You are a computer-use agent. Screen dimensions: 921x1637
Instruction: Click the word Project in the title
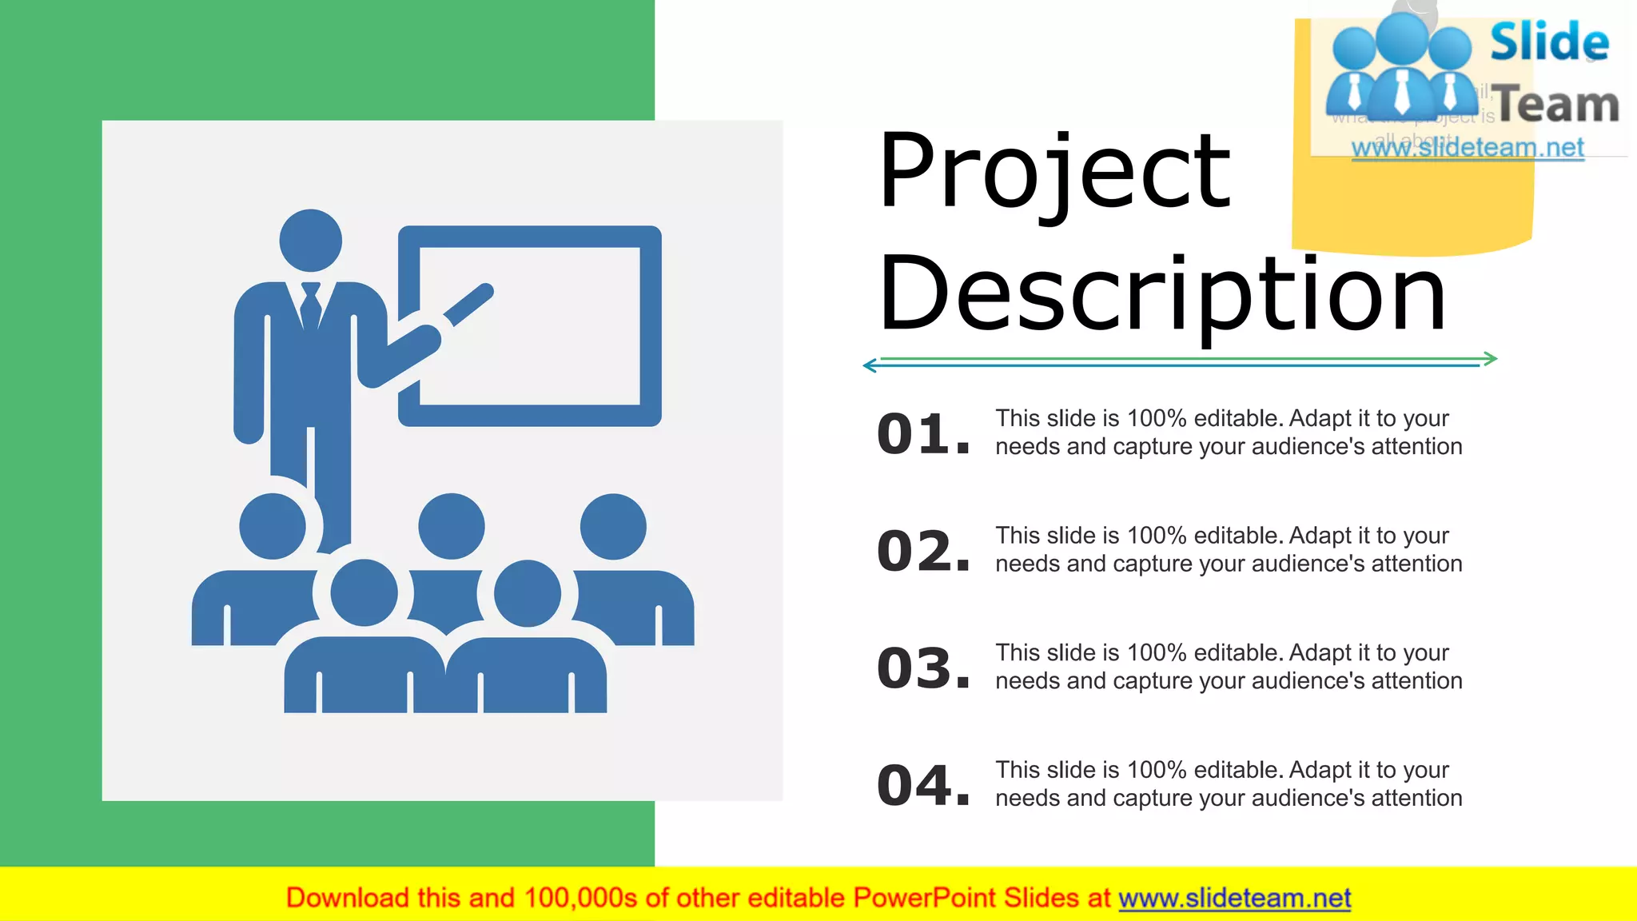point(1053,171)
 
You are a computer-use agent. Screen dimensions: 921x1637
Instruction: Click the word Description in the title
point(1161,294)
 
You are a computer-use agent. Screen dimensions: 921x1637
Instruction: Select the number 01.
point(923,434)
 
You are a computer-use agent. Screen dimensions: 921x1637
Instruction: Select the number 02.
point(923,551)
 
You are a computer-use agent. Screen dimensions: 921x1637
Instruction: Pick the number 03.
point(923,668)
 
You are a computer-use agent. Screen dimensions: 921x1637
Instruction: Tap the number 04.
point(923,785)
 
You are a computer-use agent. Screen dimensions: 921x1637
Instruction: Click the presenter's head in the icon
point(311,241)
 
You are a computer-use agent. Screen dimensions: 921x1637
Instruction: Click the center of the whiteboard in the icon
point(529,326)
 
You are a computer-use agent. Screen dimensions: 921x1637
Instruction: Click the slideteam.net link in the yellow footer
point(1234,898)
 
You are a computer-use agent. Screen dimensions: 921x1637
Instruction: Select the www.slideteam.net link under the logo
point(1468,148)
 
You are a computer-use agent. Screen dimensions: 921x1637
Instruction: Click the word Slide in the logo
point(1549,42)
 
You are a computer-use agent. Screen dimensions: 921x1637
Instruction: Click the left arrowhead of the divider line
point(870,365)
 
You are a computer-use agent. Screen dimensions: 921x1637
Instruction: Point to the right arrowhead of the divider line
point(1491,358)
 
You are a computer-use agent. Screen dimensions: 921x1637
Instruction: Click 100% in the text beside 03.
point(1157,652)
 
